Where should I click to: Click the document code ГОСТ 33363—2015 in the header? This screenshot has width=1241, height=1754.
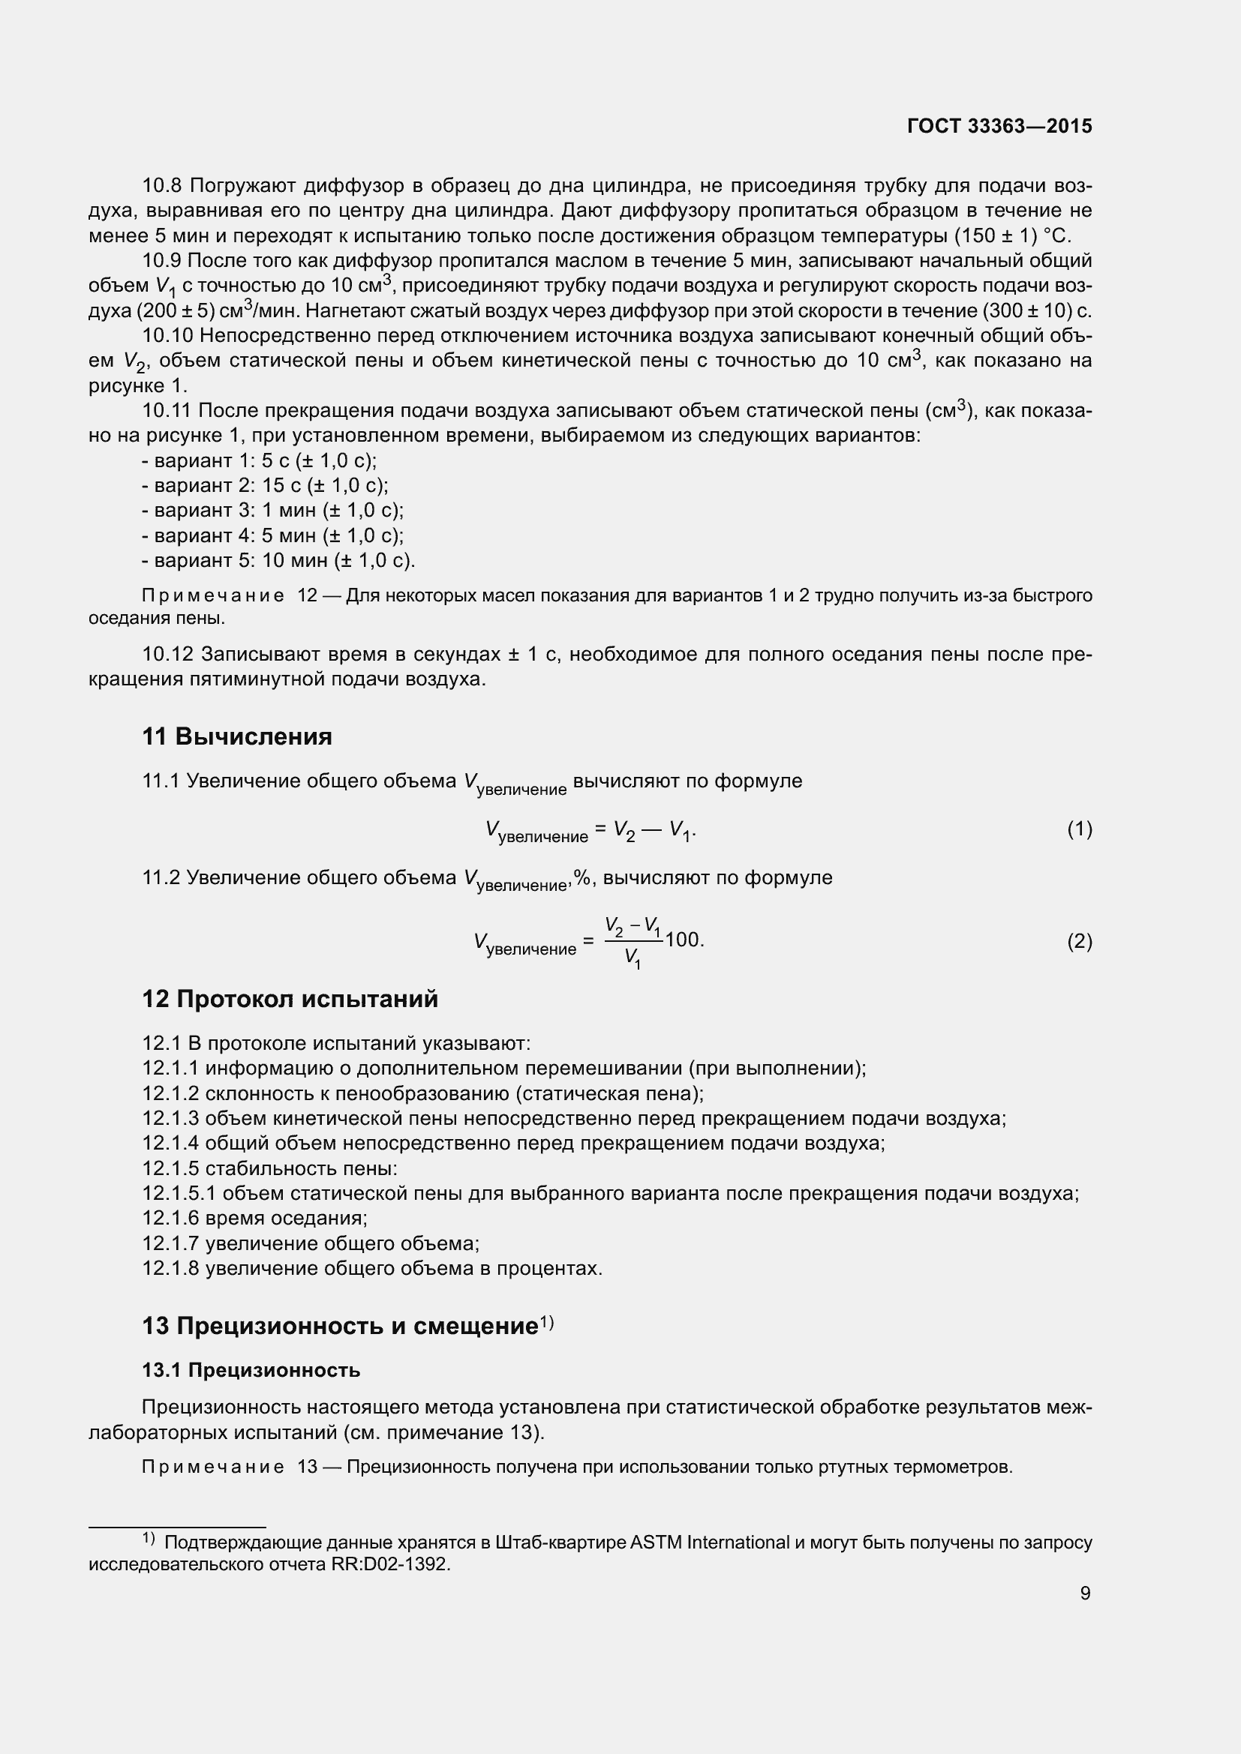coord(999,126)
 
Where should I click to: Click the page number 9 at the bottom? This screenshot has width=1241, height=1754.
coord(1085,1593)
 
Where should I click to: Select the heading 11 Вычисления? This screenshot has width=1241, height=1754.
coord(237,736)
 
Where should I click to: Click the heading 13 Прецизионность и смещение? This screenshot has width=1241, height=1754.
coord(340,1325)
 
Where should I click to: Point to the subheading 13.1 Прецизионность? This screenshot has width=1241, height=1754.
coord(251,1370)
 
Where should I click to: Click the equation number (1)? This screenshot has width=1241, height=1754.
coord(1079,829)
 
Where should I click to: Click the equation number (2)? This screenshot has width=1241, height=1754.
coord(1079,941)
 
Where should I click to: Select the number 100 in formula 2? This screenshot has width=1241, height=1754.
coord(682,940)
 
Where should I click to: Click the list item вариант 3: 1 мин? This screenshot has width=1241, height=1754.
coord(272,511)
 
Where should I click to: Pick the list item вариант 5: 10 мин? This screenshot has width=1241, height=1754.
coord(278,560)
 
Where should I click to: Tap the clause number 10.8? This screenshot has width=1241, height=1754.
coord(162,186)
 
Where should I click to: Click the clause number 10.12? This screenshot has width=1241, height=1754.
coord(167,654)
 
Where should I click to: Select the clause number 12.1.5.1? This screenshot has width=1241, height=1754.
coord(179,1193)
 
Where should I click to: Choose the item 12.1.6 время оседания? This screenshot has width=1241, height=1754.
coord(254,1218)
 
